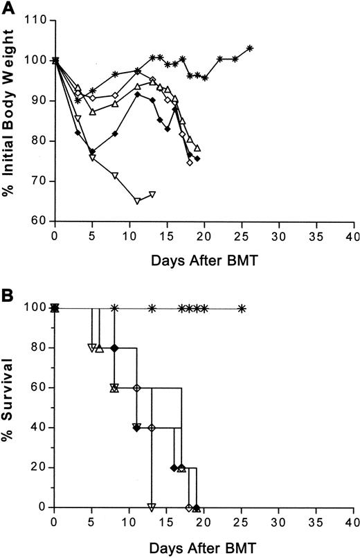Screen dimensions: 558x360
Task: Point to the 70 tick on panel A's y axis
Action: coord(39,181)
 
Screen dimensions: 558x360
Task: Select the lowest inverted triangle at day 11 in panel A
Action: coord(137,201)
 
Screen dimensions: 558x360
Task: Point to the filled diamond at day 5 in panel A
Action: coord(92,151)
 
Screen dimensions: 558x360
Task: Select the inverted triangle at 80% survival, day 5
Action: coord(92,348)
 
